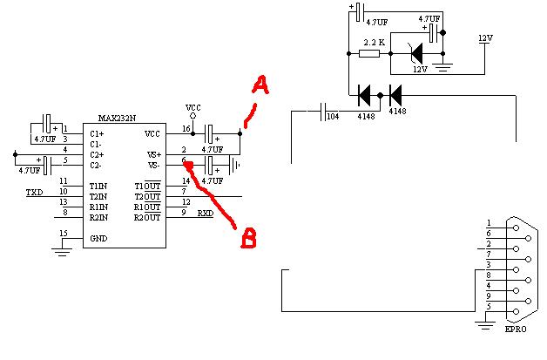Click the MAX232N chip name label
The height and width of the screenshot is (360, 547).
[x=117, y=119]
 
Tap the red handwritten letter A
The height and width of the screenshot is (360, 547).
[x=260, y=86]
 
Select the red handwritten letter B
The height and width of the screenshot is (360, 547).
[x=249, y=238]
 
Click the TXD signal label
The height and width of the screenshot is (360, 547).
[x=35, y=193]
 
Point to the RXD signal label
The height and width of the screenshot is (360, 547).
[x=206, y=213]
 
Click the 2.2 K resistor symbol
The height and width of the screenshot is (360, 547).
[x=369, y=53]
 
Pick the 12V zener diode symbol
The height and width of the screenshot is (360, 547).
[x=416, y=53]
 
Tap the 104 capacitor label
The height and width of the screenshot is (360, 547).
[x=333, y=116]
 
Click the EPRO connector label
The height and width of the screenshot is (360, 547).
[x=516, y=329]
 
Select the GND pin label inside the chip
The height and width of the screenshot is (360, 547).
[x=98, y=239]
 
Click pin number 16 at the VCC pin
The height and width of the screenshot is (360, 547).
[x=186, y=129]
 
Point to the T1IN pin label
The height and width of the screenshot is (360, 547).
[x=98, y=187]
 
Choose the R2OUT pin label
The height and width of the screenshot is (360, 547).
[x=147, y=218]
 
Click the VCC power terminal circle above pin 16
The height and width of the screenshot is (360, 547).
[x=192, y=116]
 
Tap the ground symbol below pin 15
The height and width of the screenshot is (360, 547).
[x=62, y=252]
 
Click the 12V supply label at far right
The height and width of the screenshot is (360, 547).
[x=485, y=38]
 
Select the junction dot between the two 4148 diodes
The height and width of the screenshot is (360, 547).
[x=381, y=95]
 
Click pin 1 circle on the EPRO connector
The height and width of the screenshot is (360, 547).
[x=516, y=228]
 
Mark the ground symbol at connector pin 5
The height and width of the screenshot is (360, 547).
[x=485, y=325]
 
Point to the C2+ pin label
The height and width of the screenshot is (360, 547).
[x=97, y=154]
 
